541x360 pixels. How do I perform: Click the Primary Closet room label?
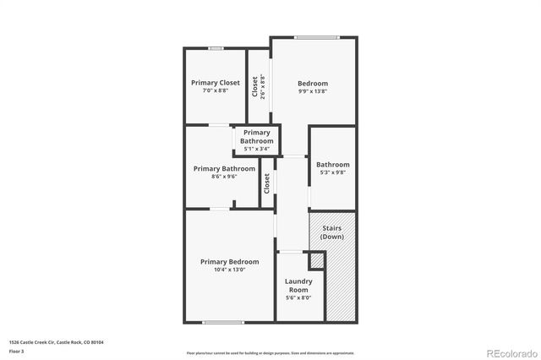[x=216, y=83]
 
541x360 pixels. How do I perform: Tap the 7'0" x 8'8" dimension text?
[x=216, y=90]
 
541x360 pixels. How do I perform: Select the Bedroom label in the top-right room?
[x=312, y=83]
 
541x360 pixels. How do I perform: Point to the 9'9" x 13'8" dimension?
[x=312, y=90]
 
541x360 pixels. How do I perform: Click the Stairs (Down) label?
[x=332, y=232]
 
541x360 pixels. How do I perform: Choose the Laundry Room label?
[x=298, y=286]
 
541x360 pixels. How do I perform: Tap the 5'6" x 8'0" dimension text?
[x=298, y=297]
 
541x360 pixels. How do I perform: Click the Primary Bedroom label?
[x=229, y=262]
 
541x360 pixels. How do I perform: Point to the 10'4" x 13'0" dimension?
[x=229, y=270]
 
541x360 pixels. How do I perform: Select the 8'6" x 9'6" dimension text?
[x=224, y=177]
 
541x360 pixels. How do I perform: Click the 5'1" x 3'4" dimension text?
[x=257, y=149]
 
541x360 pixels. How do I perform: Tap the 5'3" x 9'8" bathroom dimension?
[x=332, y=172]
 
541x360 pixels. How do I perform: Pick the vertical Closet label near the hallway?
[x=267, y=183]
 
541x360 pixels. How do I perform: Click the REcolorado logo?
[x=510, y=352]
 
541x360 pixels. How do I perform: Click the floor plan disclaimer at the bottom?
[x=270, y=352]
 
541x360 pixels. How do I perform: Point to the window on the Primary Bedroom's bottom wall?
[x=223, y=322]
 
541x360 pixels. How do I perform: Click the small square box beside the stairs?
[x=318, y=261]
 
